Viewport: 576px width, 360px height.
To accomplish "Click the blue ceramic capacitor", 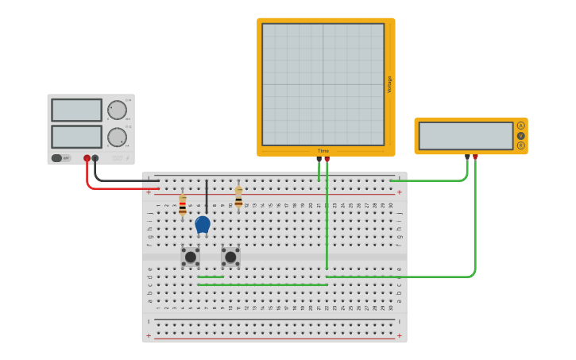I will tap(203, 224).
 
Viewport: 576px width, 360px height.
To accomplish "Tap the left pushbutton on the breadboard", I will tap(190, 257).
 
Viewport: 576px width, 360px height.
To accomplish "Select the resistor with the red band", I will tap(182, 205).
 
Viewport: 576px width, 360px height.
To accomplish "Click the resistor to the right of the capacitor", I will tap(238, 198).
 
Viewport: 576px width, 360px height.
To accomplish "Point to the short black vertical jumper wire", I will tap(207, 195).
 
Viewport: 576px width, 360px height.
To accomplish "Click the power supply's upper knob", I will tap(117, 110).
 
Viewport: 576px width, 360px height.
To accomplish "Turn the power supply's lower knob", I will tap(117, 137).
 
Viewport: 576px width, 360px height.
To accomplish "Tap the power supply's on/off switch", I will tap(60, 158).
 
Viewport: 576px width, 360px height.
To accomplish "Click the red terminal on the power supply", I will tap(87, 158).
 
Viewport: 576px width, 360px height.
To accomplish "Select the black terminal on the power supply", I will tap(95, 158).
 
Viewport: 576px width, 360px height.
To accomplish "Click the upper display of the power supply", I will tap(76, 110).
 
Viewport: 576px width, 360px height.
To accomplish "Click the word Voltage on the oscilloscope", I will tap(389, 84).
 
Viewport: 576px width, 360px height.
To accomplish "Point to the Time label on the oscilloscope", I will tap(323, 150).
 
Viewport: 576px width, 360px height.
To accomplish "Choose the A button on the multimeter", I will tap(520, 126).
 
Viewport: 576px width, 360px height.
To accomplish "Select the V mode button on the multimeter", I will tap(520, 136).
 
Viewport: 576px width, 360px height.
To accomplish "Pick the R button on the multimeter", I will tap(520, 145).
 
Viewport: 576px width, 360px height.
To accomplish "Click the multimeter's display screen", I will tap(466, 136).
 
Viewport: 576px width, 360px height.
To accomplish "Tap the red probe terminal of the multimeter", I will tap(475, 157).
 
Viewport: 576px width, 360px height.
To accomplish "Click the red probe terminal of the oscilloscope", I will tap(327, 159).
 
